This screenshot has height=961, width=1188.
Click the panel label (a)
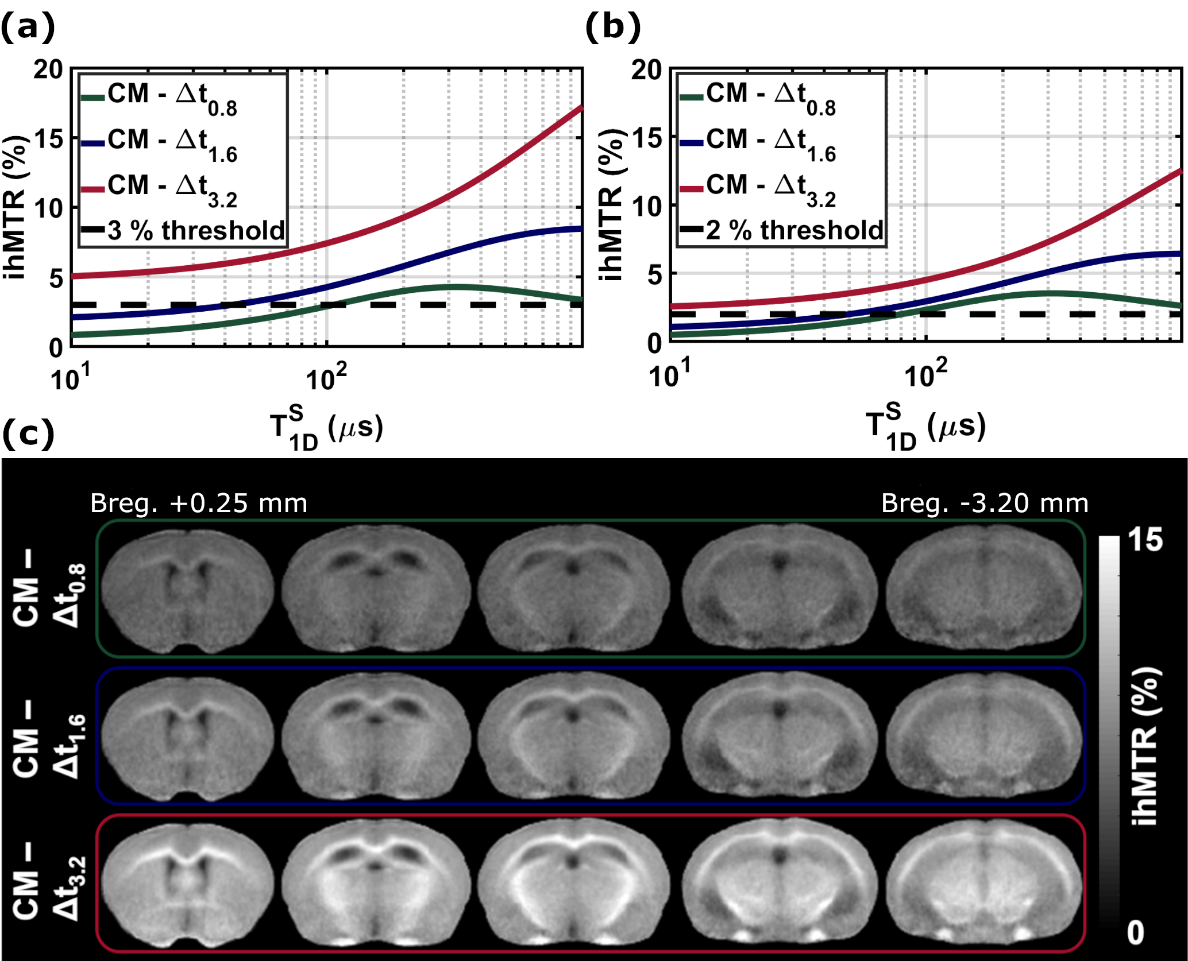(x=28, y=27)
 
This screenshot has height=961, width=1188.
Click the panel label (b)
(x=612, y=27)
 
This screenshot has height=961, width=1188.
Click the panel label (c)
(x=28, y=435)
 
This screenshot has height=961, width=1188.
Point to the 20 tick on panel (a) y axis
(x=48, y=69)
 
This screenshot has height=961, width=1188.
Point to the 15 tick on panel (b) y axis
(x=646, y=138)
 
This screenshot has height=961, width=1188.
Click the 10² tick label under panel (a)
(x=326, y=378)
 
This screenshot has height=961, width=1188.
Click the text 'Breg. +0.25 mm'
(x=199, y=503)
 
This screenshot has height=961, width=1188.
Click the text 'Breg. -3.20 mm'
(x=985, y=503)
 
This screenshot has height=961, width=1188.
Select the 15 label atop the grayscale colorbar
(x=1145, y=540)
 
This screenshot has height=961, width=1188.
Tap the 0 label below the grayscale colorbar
(x=1136, y=933)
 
